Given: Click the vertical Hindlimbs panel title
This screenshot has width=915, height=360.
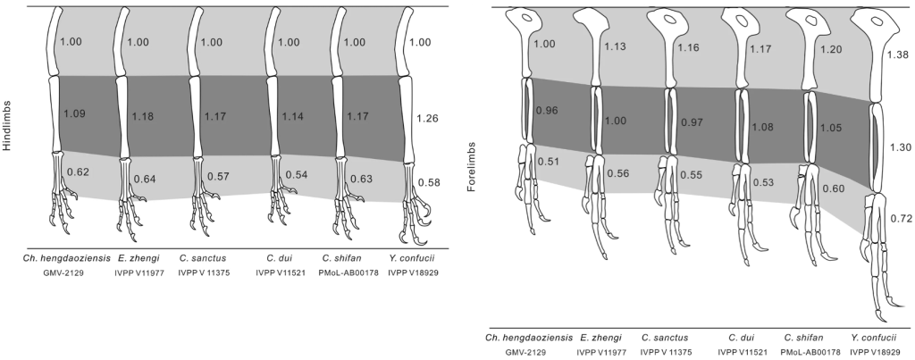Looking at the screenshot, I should [7, 125].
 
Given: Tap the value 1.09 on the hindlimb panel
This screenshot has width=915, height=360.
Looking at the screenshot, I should [74, 114].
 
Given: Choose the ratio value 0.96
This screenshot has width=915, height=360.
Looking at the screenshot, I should [545, 111].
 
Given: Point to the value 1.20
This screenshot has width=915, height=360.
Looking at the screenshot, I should [831, 49].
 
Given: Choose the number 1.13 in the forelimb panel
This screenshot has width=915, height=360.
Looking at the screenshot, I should [616, 48].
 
